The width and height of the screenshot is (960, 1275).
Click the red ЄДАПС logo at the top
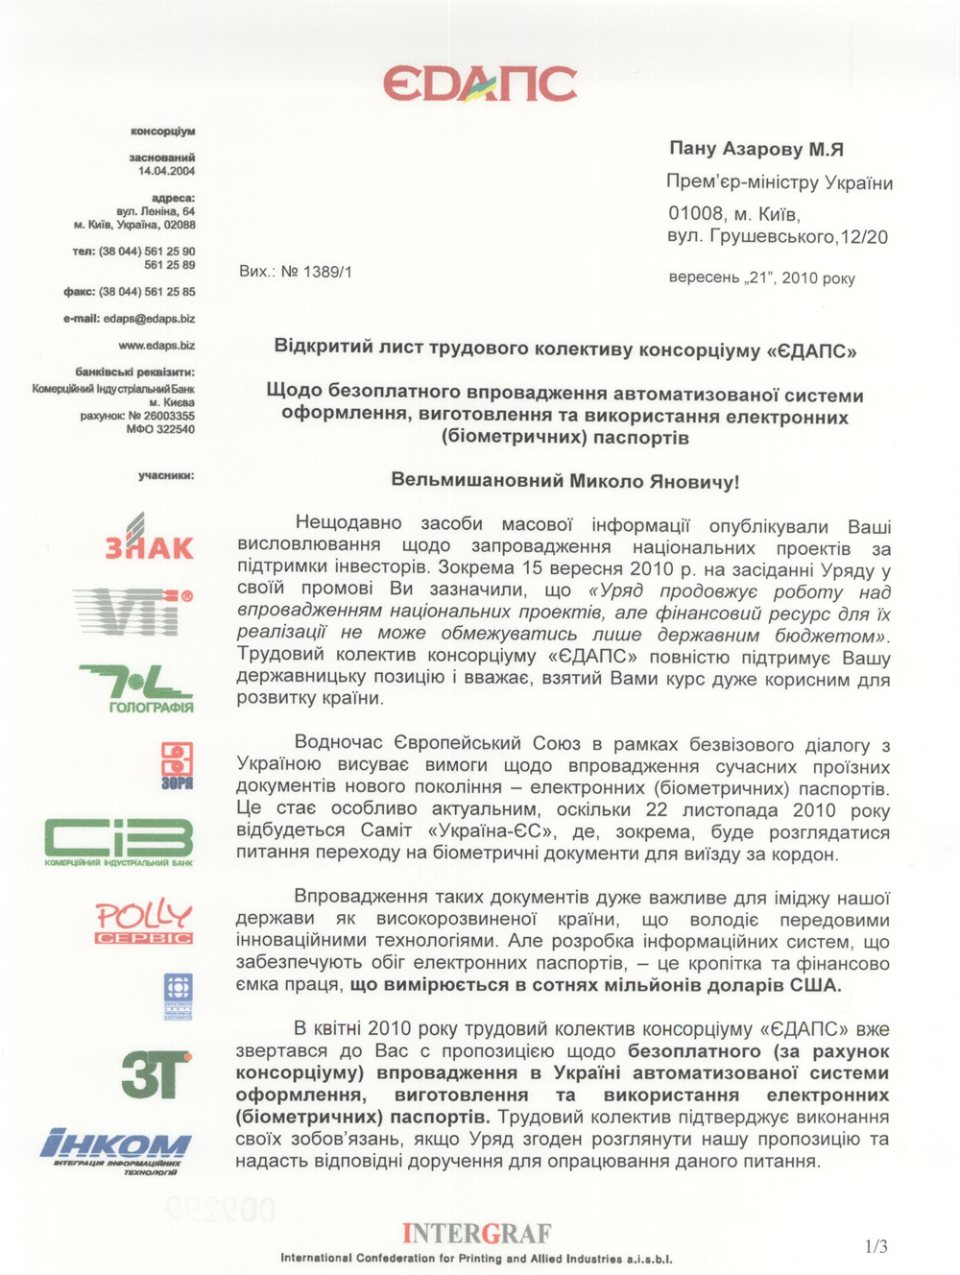click(x=479, y=84)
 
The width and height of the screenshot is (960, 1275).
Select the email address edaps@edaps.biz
click(x=149, y=318)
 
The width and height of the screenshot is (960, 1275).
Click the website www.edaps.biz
click(x=156, y=345)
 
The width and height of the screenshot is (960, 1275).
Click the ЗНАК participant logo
click(x=148, y=538)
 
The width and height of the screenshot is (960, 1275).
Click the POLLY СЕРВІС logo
click(x=143, y=922)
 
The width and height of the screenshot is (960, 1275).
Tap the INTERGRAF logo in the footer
click(x=477, y=1233)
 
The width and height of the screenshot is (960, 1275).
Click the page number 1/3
click(x=876, y=1246)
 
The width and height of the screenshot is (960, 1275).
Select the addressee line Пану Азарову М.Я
click(x=756, y=149)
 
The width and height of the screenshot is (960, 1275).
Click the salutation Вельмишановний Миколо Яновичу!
click(x=565, y=480)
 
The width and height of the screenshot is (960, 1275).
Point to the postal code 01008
click(x=697, y=213)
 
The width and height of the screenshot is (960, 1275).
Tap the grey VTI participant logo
click(x=132, y=612)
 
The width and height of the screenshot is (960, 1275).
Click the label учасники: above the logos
click(x=165, y=474)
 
